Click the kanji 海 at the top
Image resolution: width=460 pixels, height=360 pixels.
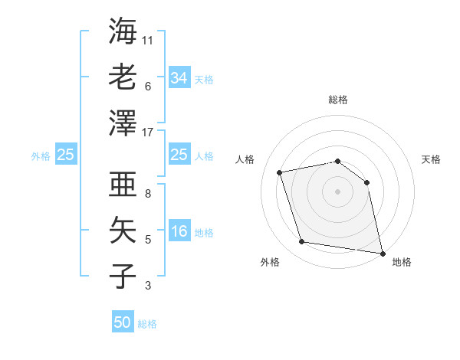(123, 31)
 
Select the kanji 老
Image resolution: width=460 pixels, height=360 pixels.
(123, 77)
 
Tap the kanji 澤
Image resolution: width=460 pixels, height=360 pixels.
(123, 123)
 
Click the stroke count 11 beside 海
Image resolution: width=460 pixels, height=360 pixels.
(149, 40)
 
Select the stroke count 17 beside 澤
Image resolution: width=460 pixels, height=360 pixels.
(149, 133)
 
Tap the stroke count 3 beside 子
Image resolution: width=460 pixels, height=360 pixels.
(148, 286)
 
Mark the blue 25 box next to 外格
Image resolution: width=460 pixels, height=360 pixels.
(66, 155)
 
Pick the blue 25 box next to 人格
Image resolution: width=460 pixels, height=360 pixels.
(179, 155)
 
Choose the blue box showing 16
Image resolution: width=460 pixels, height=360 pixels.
(179, 231)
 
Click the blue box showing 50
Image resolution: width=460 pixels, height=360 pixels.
(123, 322)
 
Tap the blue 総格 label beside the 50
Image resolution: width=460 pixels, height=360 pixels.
(147, 324)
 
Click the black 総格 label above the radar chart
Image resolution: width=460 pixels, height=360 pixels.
(337, 100)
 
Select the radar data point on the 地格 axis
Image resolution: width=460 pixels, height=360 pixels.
(382, 253)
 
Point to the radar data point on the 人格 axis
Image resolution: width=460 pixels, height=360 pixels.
(280, 172)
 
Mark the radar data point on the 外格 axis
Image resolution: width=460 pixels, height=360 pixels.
(301, 242)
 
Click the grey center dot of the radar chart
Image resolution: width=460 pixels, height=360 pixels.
(337, 191)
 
